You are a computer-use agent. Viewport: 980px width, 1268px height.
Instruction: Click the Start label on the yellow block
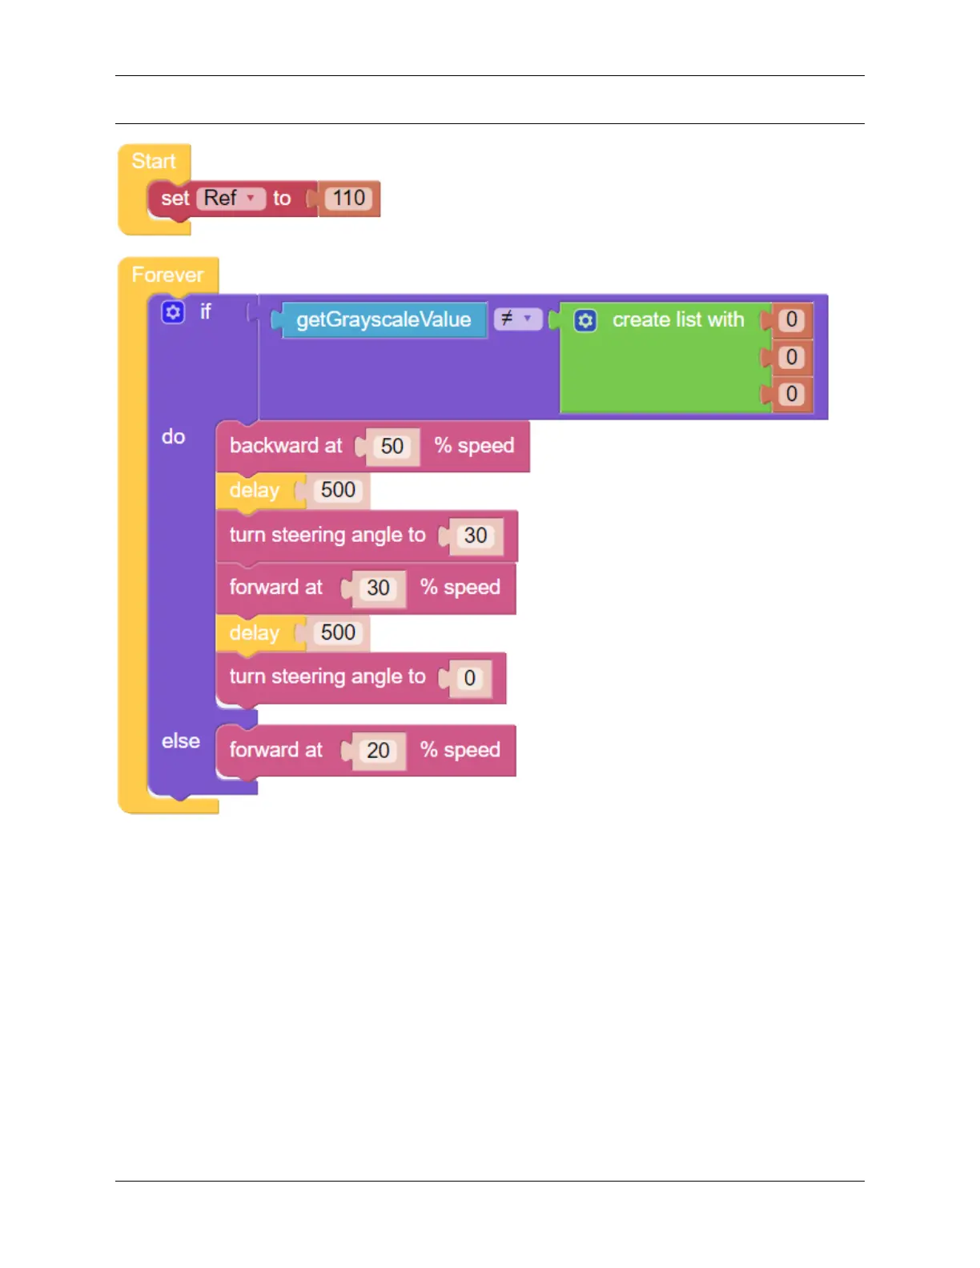(x=153, y=161)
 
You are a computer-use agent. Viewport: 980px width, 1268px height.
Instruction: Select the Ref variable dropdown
(x=230, y=199)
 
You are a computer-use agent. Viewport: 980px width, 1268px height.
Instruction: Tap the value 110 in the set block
(x=349, y=199)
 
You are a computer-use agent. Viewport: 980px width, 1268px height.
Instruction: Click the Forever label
(x=167, y=275)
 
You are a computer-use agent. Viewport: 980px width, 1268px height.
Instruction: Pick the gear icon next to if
(x=173, y=311)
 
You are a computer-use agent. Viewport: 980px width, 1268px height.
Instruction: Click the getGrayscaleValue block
(x=384, y=320)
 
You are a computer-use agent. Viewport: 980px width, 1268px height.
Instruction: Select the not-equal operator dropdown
(x=516, y=319)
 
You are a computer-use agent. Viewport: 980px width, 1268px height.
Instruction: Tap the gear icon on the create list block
(x=585, y=321)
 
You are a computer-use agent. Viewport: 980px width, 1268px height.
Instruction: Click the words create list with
(x=678, y=320)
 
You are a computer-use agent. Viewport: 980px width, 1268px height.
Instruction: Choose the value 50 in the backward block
(x=392, y=447)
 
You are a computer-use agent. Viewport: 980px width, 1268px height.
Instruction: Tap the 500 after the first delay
(x=338, y=490)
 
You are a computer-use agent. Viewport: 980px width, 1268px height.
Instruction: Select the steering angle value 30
(x=476, y=536)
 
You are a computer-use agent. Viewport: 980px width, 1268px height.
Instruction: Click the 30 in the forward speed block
(x=378, y=588)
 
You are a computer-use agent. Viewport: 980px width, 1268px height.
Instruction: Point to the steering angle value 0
(x=470, y=679)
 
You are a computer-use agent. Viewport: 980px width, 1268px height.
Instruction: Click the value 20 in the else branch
(x=378, y=751)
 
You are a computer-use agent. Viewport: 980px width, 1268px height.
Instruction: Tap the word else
(x=181, y=741)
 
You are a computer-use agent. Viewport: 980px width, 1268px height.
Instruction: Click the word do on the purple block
(x=174, y=437)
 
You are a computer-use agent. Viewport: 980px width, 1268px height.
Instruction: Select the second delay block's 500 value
(x=338, y=632)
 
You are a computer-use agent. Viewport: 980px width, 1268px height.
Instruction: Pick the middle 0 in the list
(x=791, y=357)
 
